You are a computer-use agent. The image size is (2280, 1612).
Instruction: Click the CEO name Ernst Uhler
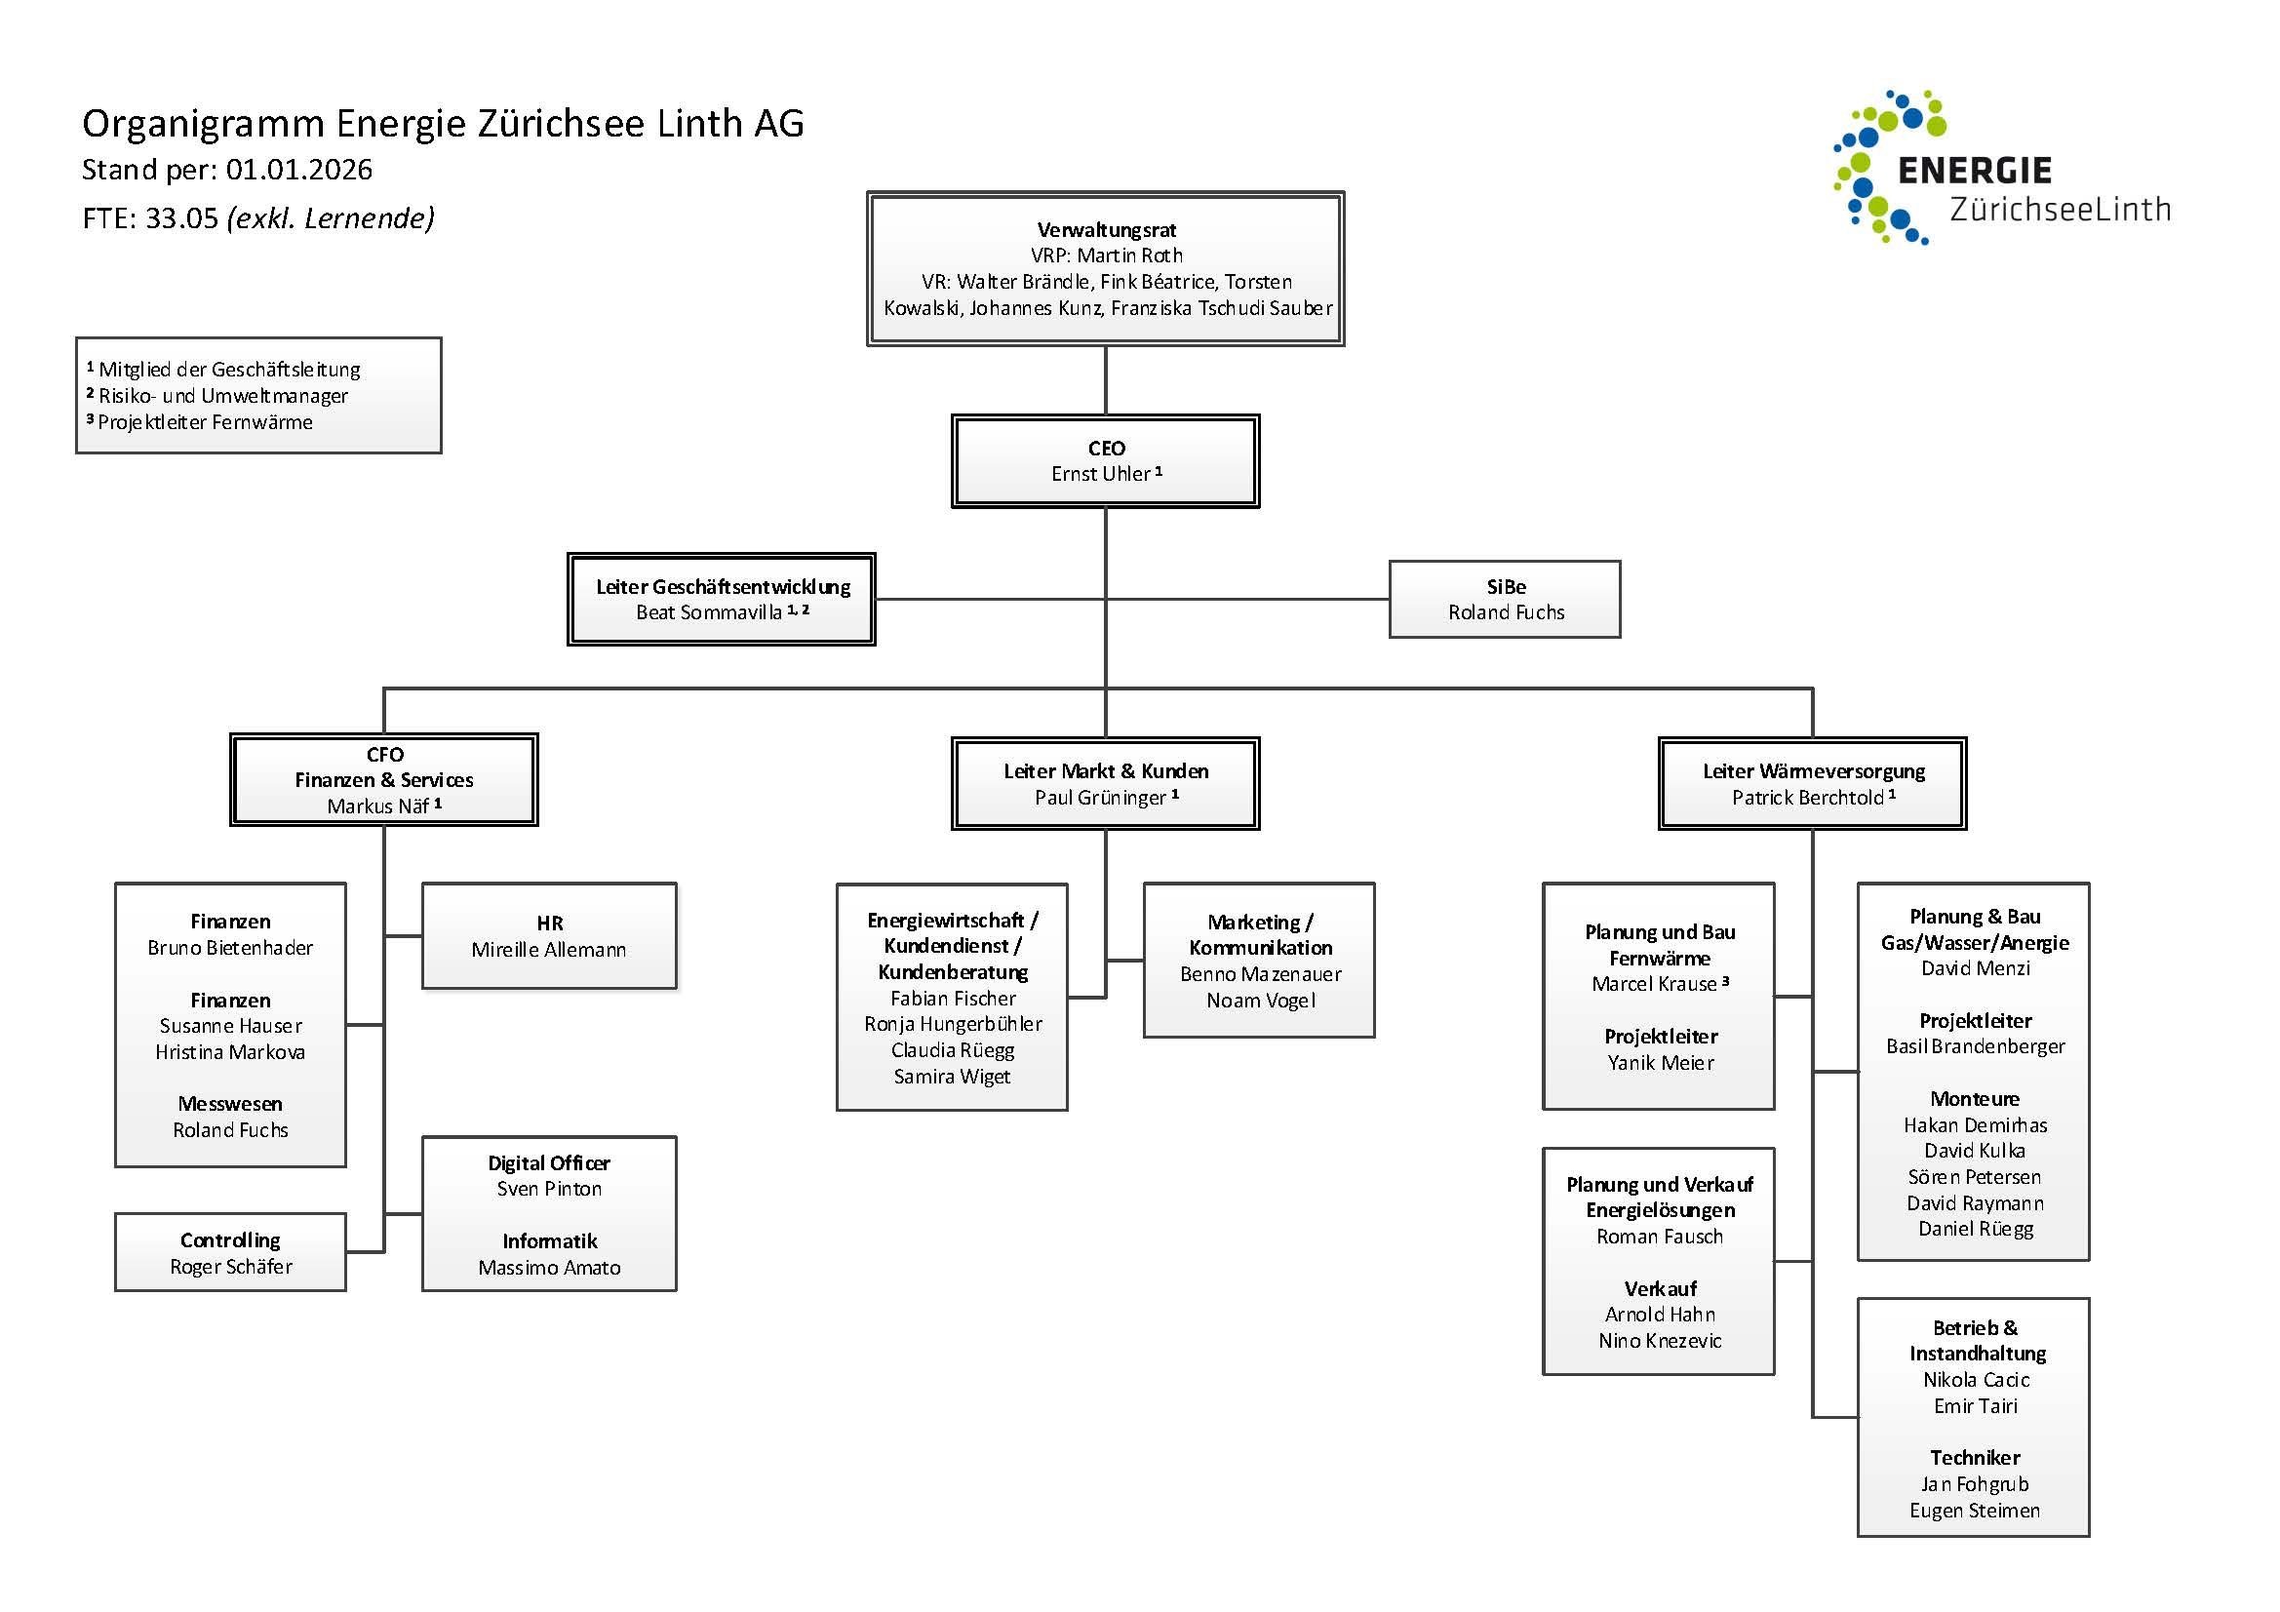pos(1100,474)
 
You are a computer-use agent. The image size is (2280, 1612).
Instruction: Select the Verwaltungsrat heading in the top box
pos(1106,229)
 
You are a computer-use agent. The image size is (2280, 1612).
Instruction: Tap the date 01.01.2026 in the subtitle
pos(299,170)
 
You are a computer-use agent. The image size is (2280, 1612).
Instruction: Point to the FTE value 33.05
pos(181,218)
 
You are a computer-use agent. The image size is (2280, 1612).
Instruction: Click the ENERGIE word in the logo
pos(1974,171)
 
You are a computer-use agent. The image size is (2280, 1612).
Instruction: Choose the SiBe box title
pos(1506,586)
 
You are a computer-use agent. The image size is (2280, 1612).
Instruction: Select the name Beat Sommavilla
pos(709,612)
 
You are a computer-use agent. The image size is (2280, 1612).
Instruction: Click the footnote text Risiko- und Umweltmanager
pos(223,395)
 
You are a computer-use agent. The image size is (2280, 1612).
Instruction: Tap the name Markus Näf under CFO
pos(378,806)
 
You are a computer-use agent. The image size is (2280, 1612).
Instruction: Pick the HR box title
pos(549,923)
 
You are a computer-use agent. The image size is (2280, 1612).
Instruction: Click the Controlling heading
pos(230,1239)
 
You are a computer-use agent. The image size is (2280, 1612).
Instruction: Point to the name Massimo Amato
pos(549,1268)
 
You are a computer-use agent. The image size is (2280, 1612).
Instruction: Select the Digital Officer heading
pos(549,1162)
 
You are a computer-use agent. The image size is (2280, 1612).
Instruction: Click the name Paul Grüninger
pos(1100,798)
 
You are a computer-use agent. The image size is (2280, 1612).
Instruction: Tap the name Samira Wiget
pos(953,1077)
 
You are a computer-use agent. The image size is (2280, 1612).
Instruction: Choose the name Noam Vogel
pos(1260,1001)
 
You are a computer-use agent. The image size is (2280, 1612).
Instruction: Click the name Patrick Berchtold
pos(1807,798)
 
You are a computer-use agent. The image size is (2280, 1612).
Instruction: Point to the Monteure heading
pos(1974,1098)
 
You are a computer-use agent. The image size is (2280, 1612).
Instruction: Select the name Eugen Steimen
pos(1974,1511)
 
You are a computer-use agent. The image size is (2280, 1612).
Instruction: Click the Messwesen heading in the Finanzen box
pos(230,1104)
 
